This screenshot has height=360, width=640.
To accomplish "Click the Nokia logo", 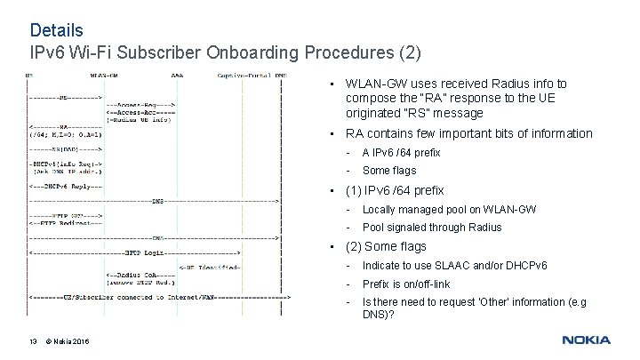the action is (x=586, y=340).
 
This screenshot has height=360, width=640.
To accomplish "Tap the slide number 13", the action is (x=33, y=342).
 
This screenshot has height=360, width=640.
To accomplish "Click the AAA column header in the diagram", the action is (x=178, y=76).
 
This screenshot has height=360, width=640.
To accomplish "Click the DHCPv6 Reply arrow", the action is (x=66, y=186).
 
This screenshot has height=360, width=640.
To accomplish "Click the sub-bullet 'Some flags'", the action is (x=389, y=171).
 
